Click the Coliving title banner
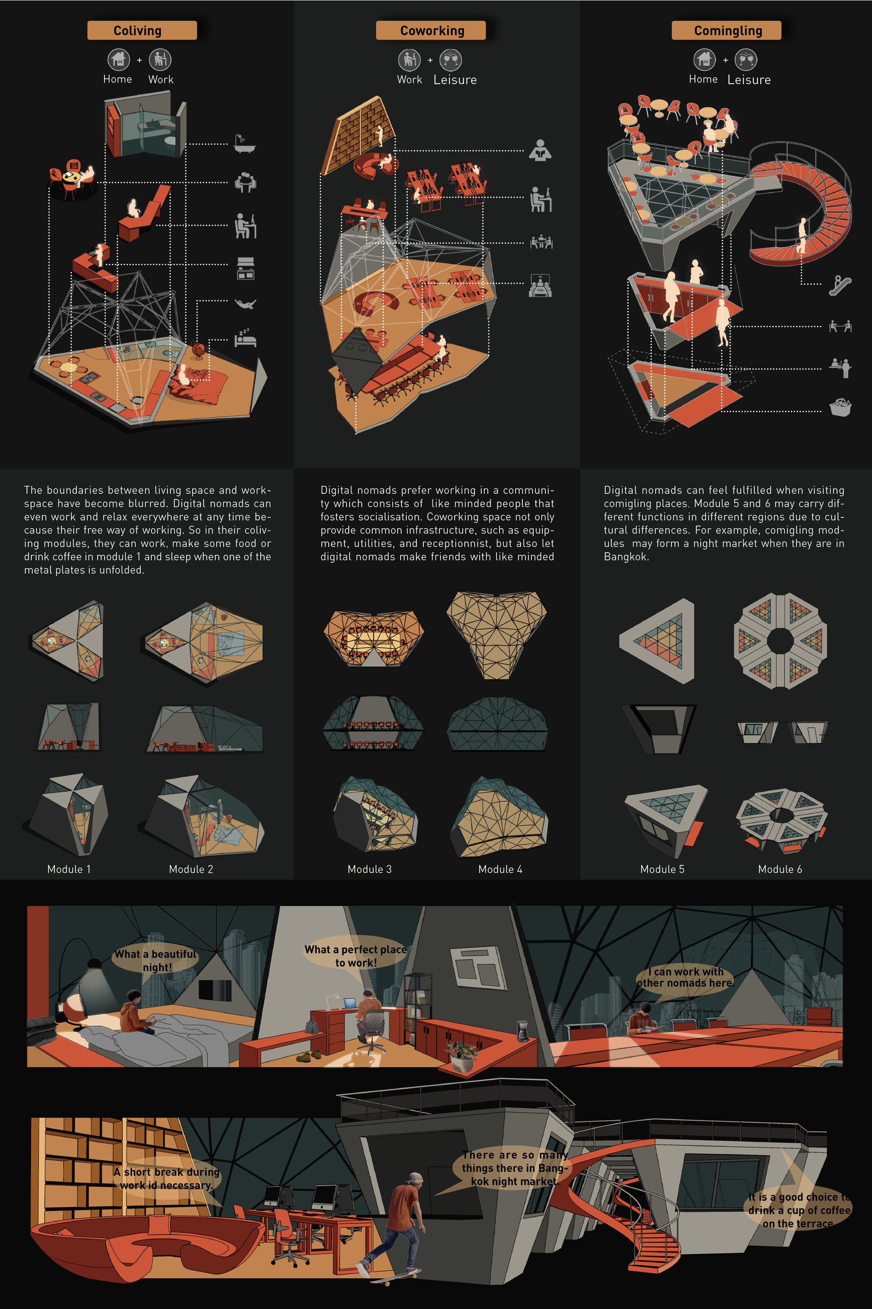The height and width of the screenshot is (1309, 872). pyautogui.click(x=142, y=31)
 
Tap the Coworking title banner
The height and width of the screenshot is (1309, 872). pyautogui.click(x=431, y=31)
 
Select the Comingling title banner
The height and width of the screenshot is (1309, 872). pyautogui.click(x=726, y=31)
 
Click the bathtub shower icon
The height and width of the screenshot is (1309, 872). pyautogui.click(x=245, y=144)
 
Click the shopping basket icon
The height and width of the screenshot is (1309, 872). pyautogui.click(x=840, y=407)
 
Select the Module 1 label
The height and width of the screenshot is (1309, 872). pyautogui.click(x=69, y=869)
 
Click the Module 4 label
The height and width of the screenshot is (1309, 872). pyautogui.click(x=500, y=869)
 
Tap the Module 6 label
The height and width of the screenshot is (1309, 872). pyautogui.click(x=780, y=869)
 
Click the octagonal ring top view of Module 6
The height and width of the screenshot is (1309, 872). pyautogui.click(x=780, y=641)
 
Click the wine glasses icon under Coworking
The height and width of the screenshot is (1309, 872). pyautogui.click(x=450, y=59)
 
